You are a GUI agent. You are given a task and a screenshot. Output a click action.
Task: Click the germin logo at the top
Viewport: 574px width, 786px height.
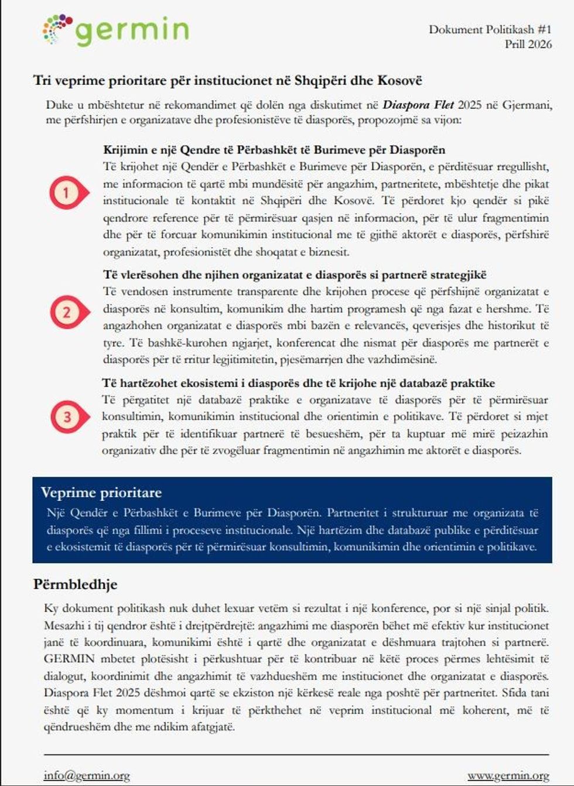pos(116,30)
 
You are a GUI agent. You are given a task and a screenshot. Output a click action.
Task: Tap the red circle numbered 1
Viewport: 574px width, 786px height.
pos(66,193)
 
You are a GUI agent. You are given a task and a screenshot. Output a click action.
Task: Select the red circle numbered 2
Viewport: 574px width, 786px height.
pos(66,312)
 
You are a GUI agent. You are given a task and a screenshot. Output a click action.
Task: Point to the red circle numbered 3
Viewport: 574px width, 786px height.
pos(67,417)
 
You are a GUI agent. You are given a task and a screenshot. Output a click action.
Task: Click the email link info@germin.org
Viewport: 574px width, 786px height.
pos(87,775)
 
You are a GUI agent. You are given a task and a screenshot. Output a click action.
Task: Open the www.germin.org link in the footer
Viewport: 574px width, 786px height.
pos(508,775)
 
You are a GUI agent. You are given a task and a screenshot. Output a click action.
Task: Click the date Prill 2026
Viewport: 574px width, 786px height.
pos(528,44)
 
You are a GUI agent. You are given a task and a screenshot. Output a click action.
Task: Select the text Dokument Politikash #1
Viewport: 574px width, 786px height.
pos(490,29)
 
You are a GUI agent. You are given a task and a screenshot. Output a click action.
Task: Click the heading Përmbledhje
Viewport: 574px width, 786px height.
pos(75,584)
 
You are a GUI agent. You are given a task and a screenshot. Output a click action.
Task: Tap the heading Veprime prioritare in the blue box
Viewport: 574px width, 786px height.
pos(101,493)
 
